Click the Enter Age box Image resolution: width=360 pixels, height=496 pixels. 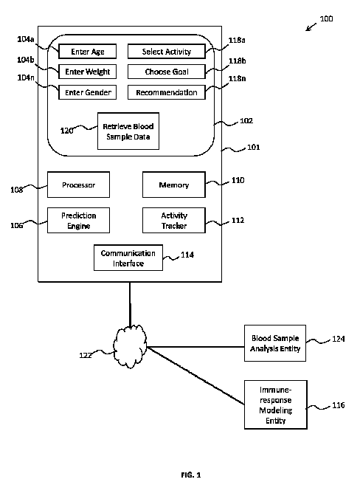point(87,51)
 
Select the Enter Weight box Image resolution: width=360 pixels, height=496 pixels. point(87,72)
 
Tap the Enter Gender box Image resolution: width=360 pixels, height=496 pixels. point(87,92)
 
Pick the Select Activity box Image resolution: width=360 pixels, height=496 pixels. point(167,51)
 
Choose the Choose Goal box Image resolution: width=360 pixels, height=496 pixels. point(167,72)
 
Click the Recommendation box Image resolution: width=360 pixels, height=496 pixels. point(167,92)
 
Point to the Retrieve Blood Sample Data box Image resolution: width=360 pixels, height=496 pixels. point(128,131)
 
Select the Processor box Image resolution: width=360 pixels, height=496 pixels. point(78,185)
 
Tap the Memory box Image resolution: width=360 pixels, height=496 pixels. point(174,185)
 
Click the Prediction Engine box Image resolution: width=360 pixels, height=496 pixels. point(78,221)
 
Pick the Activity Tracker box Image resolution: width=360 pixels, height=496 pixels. point(174,221)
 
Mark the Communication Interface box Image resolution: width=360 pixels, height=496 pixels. point(128,258)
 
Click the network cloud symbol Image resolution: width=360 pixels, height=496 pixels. point(130,346)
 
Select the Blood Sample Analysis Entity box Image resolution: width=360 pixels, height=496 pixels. point(275,343)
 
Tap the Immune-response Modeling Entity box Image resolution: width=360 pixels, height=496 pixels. point(276,405)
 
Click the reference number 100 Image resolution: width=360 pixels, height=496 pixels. point(326,18)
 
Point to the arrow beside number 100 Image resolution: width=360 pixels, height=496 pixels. point(311,27)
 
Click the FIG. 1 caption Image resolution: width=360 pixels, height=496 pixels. point(191,475)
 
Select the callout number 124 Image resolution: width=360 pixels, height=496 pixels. point(338,339)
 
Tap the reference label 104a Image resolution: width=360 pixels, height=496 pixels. point(26,39)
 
